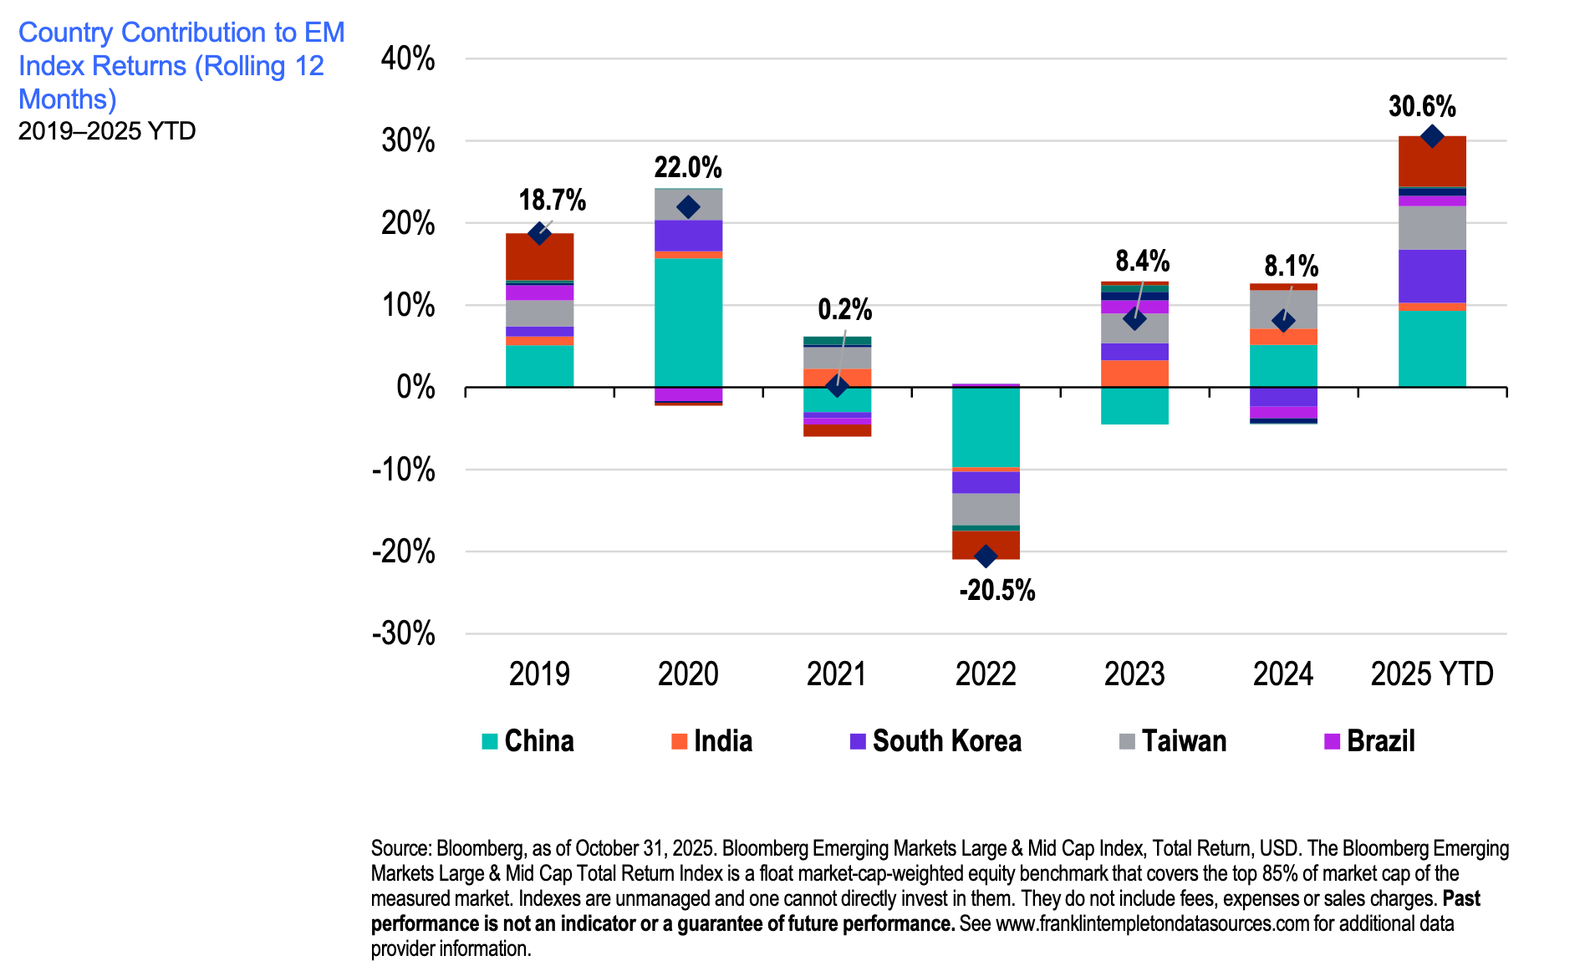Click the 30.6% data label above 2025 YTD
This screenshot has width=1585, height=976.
tap(1421, 107)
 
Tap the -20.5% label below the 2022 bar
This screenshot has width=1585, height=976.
tap(996, 591)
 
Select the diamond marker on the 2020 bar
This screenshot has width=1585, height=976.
tap(688, 207)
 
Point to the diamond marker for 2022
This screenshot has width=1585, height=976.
tap(986, 556)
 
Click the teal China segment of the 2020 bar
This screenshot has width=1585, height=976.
tap(688, 322)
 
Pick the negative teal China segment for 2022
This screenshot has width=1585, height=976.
tap(986, 427)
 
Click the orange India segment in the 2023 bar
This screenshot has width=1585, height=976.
tap(1134, 373)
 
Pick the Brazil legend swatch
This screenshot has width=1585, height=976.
tap(1333, 741)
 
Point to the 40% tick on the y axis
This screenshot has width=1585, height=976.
tap(408, 59)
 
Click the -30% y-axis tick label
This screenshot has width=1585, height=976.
tap(404, 633)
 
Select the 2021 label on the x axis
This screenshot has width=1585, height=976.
tap(837, 674)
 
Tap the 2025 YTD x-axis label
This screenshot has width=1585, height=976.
tap(1431, 674)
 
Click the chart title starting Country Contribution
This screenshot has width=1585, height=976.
tap(181, 66)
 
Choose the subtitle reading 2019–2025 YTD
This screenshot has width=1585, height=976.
tap(107, 131)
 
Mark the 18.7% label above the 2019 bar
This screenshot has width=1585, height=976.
tap(552, 201)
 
